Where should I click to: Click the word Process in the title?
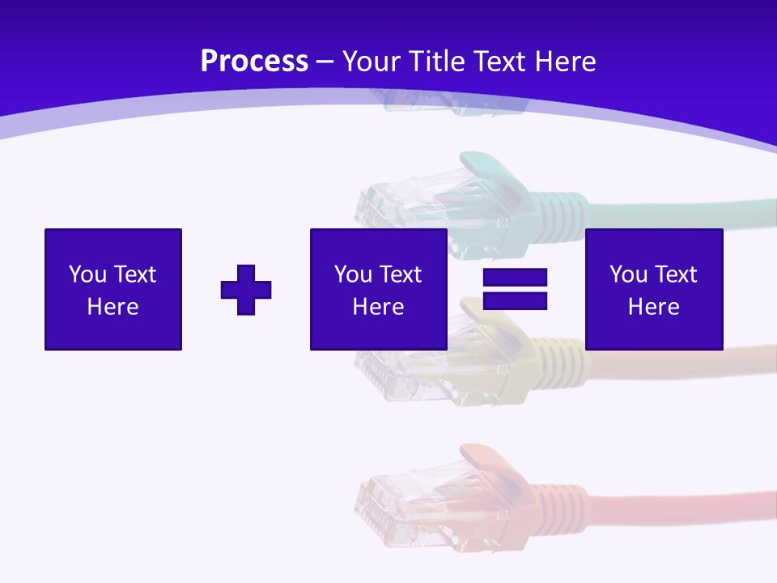click(x=254, y=62)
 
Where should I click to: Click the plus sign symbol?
click(x=246, y=290)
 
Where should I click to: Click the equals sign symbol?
click(x=515, y=289)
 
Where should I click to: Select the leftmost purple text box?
click(x=113, y=289)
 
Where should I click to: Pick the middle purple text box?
click(x=378, y=289)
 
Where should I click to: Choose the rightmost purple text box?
click(x=653, y=289)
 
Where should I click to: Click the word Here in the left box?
click(x=113, y=307)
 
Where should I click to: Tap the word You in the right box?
click(x=628, y=274)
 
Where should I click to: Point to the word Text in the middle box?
click(x=401, y=274)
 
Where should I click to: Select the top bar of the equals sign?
click(x=515, y=278)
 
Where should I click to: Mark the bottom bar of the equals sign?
click(x=515, y=300)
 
